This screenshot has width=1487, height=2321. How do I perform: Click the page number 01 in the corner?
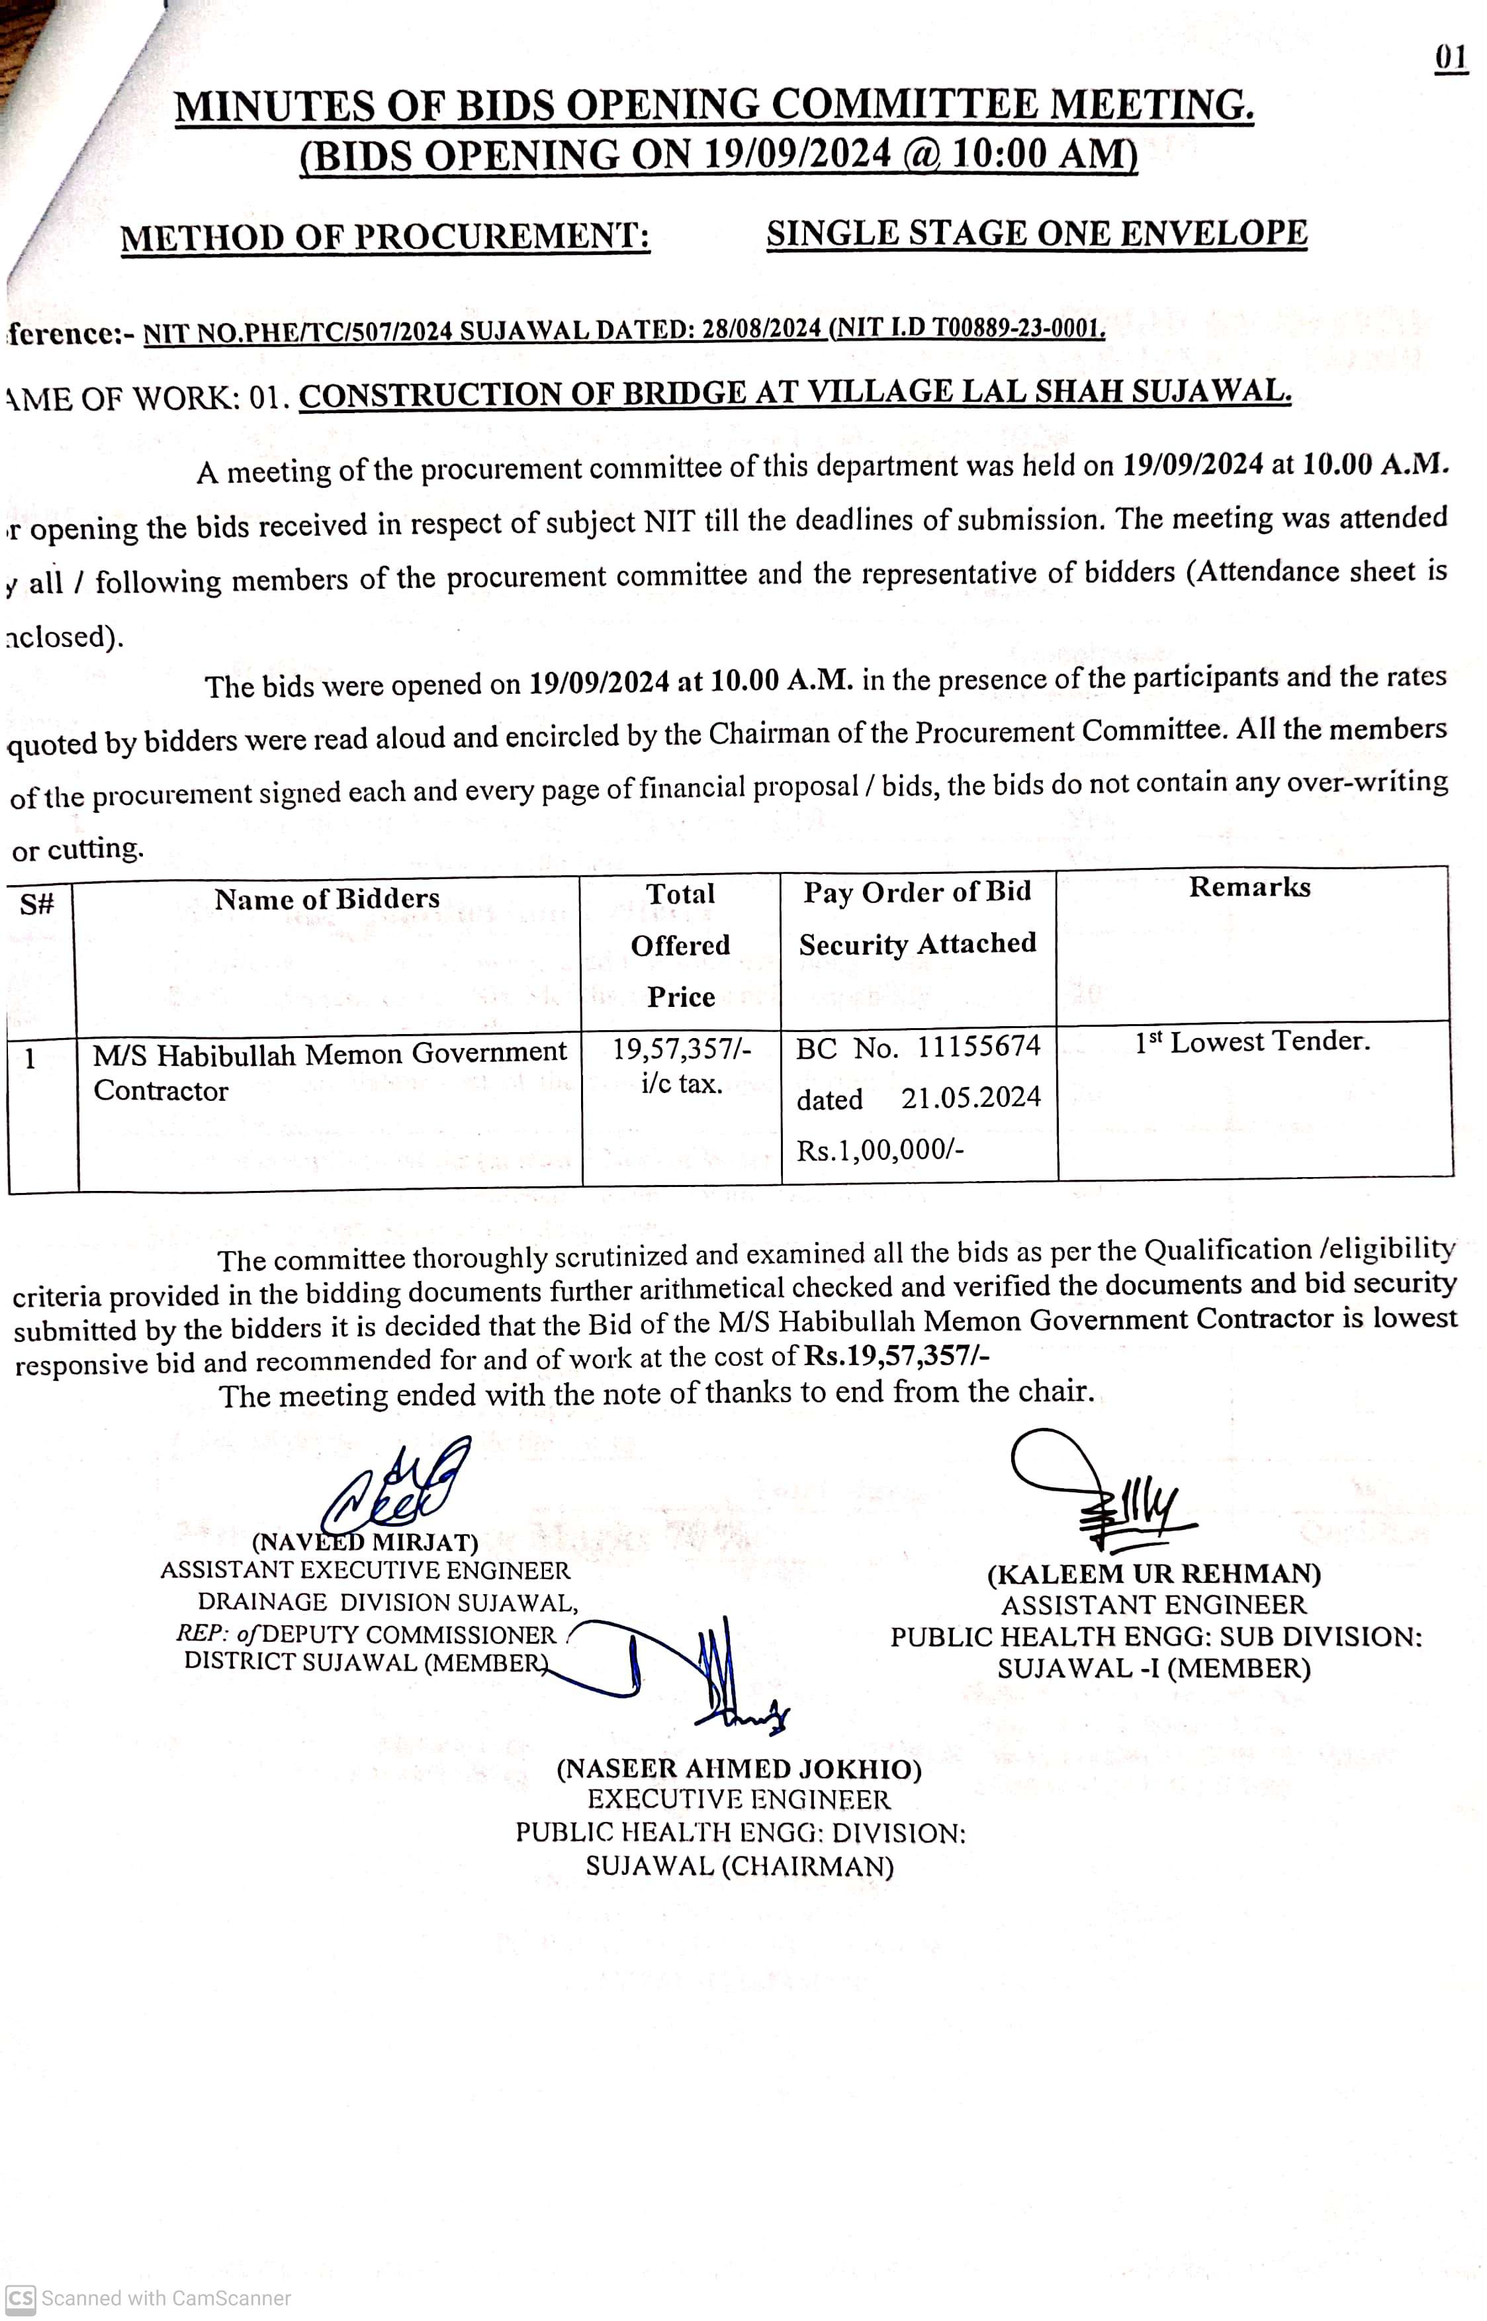(1451, 58)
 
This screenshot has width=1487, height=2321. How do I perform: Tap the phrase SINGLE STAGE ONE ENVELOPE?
(1036, 234)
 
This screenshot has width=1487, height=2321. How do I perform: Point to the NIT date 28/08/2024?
(761, 330)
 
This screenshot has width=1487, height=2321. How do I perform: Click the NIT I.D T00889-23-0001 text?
(968, 328)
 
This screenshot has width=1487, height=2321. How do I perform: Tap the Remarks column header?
(1249, 886)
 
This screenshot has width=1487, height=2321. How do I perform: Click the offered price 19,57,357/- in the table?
(681, 1048)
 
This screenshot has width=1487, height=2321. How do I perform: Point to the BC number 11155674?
(978, 1046)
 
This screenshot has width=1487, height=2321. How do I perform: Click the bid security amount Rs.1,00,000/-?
(879, 1149)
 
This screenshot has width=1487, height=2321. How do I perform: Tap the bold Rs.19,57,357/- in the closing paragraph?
(896, 1356)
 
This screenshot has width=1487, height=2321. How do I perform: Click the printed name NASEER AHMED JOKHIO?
(739, 1768)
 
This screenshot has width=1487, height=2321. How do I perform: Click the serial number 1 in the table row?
(30, 1059)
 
